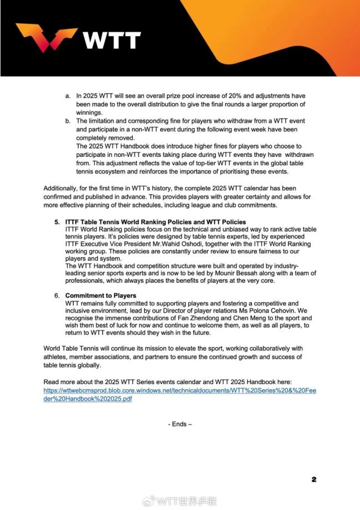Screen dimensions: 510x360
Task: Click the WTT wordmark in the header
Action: click(112, 40)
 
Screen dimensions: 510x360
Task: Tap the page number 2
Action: click(314, 479)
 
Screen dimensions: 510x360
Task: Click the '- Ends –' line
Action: click(180, 424)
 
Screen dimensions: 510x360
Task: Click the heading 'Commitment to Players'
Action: click(101, 295)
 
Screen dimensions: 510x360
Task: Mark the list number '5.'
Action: click(57, 222)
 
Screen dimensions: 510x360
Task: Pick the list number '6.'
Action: click(57, 295)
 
